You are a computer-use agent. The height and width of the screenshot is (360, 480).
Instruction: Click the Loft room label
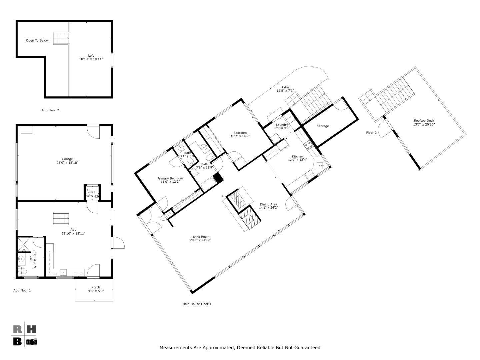pos(91,56)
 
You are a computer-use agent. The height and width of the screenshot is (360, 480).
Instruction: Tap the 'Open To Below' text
pos(37,41)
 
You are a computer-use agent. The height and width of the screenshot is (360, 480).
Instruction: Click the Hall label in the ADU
pos(92,192)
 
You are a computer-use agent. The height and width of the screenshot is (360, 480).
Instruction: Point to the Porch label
pos(96,287)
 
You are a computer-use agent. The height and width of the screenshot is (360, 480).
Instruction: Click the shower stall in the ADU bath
pos(24,244)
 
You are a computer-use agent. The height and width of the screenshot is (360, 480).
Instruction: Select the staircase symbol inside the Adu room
pos(61,218)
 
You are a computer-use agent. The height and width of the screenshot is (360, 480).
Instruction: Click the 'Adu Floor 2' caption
pos(50,110)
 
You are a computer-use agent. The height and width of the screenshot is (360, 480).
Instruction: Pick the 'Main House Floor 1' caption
pos(197,304)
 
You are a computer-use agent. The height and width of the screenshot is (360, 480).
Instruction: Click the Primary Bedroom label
pos(170,179)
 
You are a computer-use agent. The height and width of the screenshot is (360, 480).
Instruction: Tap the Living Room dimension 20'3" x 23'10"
pos(200,240)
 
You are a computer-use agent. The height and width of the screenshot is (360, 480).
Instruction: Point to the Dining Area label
pos(268,205)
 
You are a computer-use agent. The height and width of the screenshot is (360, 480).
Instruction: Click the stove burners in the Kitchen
pos(308,145)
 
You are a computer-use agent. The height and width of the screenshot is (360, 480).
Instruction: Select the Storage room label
pos(323,126)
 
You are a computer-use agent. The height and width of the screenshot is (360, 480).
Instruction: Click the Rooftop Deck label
pos(424,121)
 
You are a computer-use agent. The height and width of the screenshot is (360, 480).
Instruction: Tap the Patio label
pos(285,87)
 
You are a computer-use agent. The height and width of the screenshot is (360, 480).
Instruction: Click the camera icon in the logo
pos(32,342)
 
